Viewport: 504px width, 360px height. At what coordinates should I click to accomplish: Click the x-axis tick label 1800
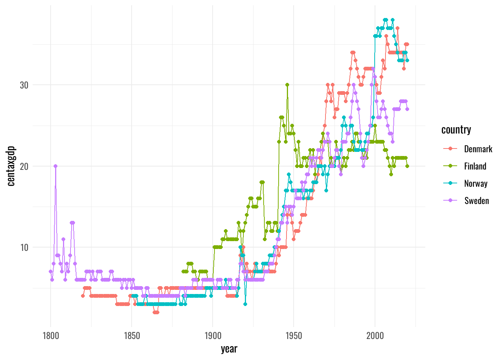tap(51, 336)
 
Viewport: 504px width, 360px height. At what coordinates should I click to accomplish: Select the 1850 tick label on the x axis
tap(132, 336)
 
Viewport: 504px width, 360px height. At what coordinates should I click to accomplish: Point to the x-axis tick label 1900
tap(213, 336)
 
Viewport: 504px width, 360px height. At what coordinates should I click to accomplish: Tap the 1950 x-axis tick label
tap(294, 336)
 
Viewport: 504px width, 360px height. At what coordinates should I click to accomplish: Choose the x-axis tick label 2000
tap(375, 336)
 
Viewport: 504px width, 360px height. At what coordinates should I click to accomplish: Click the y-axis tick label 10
tap(24, 247)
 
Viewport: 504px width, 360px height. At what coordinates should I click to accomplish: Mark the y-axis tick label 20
tap(24, 166)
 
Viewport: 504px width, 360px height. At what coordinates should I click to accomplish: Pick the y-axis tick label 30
tap(24, 85)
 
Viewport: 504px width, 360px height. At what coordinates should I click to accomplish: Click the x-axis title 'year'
tap(229, 349)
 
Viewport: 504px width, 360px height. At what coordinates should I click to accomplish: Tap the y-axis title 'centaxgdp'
tap(11, 166)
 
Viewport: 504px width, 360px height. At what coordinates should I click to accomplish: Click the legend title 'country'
tap(456, 130)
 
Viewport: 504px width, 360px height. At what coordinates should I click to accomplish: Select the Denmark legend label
tap(478, 149)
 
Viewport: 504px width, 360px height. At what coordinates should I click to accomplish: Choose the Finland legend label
tap(475, 166)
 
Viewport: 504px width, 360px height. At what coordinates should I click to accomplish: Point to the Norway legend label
tap(476, 184)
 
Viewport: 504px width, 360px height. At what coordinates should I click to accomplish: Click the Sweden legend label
tap(477, 201)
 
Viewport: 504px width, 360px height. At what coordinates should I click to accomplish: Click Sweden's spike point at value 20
tap(55, 166)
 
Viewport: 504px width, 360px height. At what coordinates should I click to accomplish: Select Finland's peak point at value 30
tap(287, 85)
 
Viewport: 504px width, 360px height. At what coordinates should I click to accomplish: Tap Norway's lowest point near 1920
tap(245, 304)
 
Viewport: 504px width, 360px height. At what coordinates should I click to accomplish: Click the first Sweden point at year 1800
tap(51, 271)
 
